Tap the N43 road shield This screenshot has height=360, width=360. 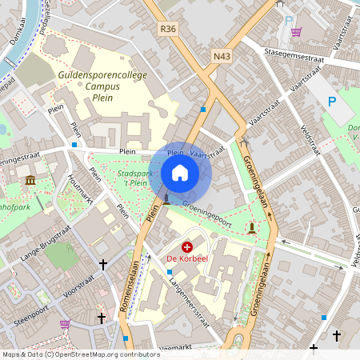pos(222,56)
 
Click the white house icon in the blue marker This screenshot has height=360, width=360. pos(180,172)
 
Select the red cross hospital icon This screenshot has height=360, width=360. pos(187,247)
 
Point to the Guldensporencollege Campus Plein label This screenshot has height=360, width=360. pos(102,85)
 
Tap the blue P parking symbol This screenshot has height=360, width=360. pos(333,101)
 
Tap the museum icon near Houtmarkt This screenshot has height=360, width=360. pos(30,180)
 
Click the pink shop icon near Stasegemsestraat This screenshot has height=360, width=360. pos(297,33)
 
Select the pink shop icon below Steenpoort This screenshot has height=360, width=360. pos(65,324)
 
